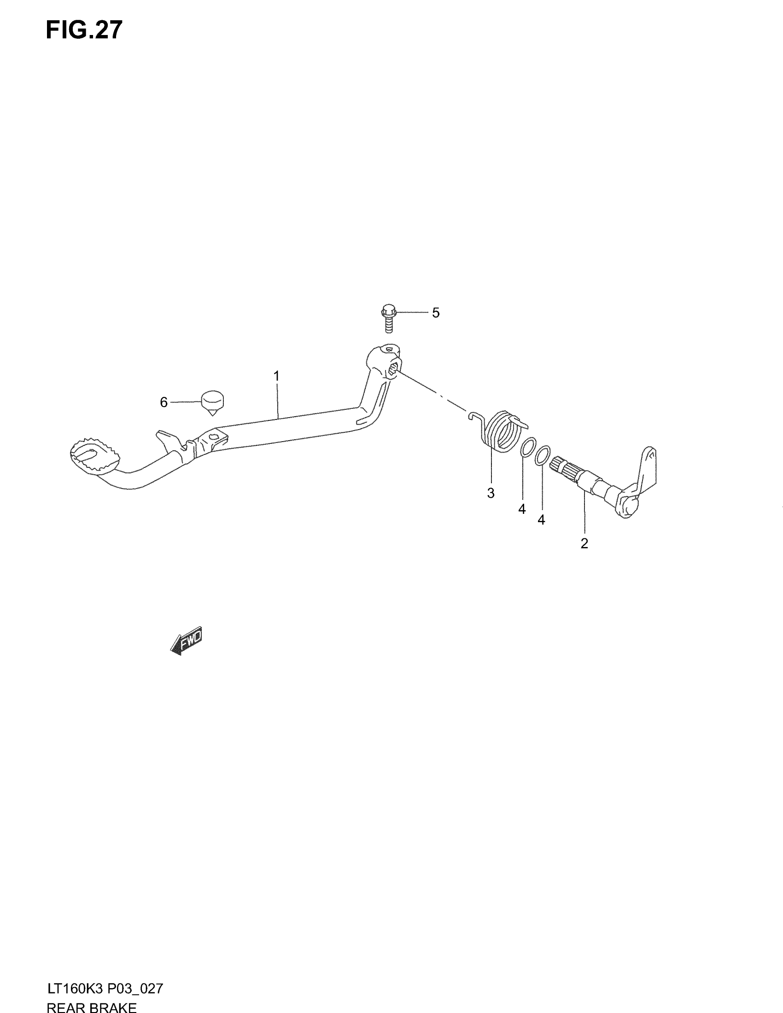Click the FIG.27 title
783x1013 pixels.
(84, 30)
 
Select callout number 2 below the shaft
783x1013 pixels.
(584, 543)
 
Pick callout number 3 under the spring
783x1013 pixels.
(491, 493)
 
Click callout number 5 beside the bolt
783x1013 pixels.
(436, 313)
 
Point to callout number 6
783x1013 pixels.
(164, 402)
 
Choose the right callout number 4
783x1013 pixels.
(541, 520)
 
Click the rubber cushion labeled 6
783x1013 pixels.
(212, 402)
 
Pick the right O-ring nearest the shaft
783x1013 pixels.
(543, 455)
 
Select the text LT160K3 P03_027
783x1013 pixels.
(105, 989)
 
